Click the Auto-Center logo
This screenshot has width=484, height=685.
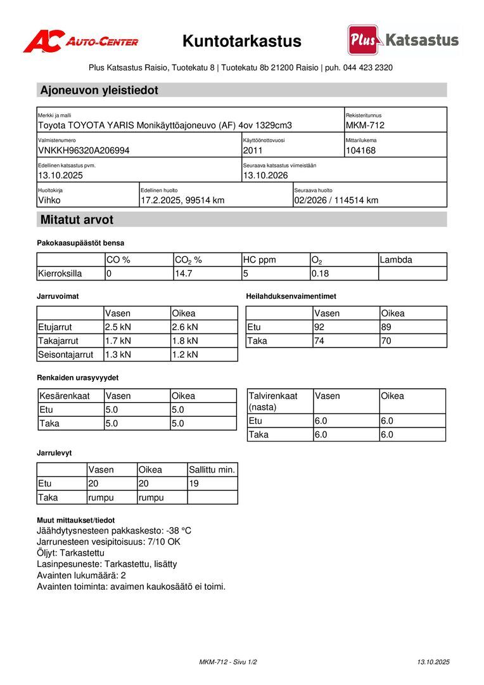(80, 41)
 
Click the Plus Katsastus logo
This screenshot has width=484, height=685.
(403, 40)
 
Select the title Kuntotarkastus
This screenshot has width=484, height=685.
(242, 41)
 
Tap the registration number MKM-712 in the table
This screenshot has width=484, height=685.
(365, 126)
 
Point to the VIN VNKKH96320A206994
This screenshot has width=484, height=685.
(84, 151)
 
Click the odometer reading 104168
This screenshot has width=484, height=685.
(360, 151)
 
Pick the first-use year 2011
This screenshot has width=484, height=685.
(252, 151)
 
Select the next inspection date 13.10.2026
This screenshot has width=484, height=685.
(265, 176)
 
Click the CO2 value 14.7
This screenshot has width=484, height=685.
(183, 274)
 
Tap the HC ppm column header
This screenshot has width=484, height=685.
(260, 260)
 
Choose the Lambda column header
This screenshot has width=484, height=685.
(397, 260)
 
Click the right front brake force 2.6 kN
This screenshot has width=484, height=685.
(185, 327)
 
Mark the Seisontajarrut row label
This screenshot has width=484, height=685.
(66, 355)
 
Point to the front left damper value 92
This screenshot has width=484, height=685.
(320, 327)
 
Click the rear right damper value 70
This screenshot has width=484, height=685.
(386, 341)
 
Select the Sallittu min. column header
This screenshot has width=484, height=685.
(212, 470)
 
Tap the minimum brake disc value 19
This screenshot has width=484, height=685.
(194, 484)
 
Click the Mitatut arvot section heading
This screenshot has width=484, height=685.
(77, 220)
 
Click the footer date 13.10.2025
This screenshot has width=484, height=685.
(433, 662)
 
